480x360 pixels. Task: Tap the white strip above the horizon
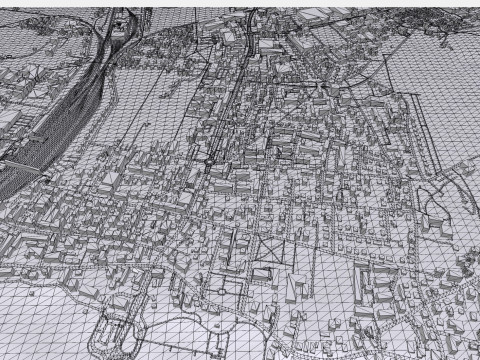(x=240, y=4)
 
